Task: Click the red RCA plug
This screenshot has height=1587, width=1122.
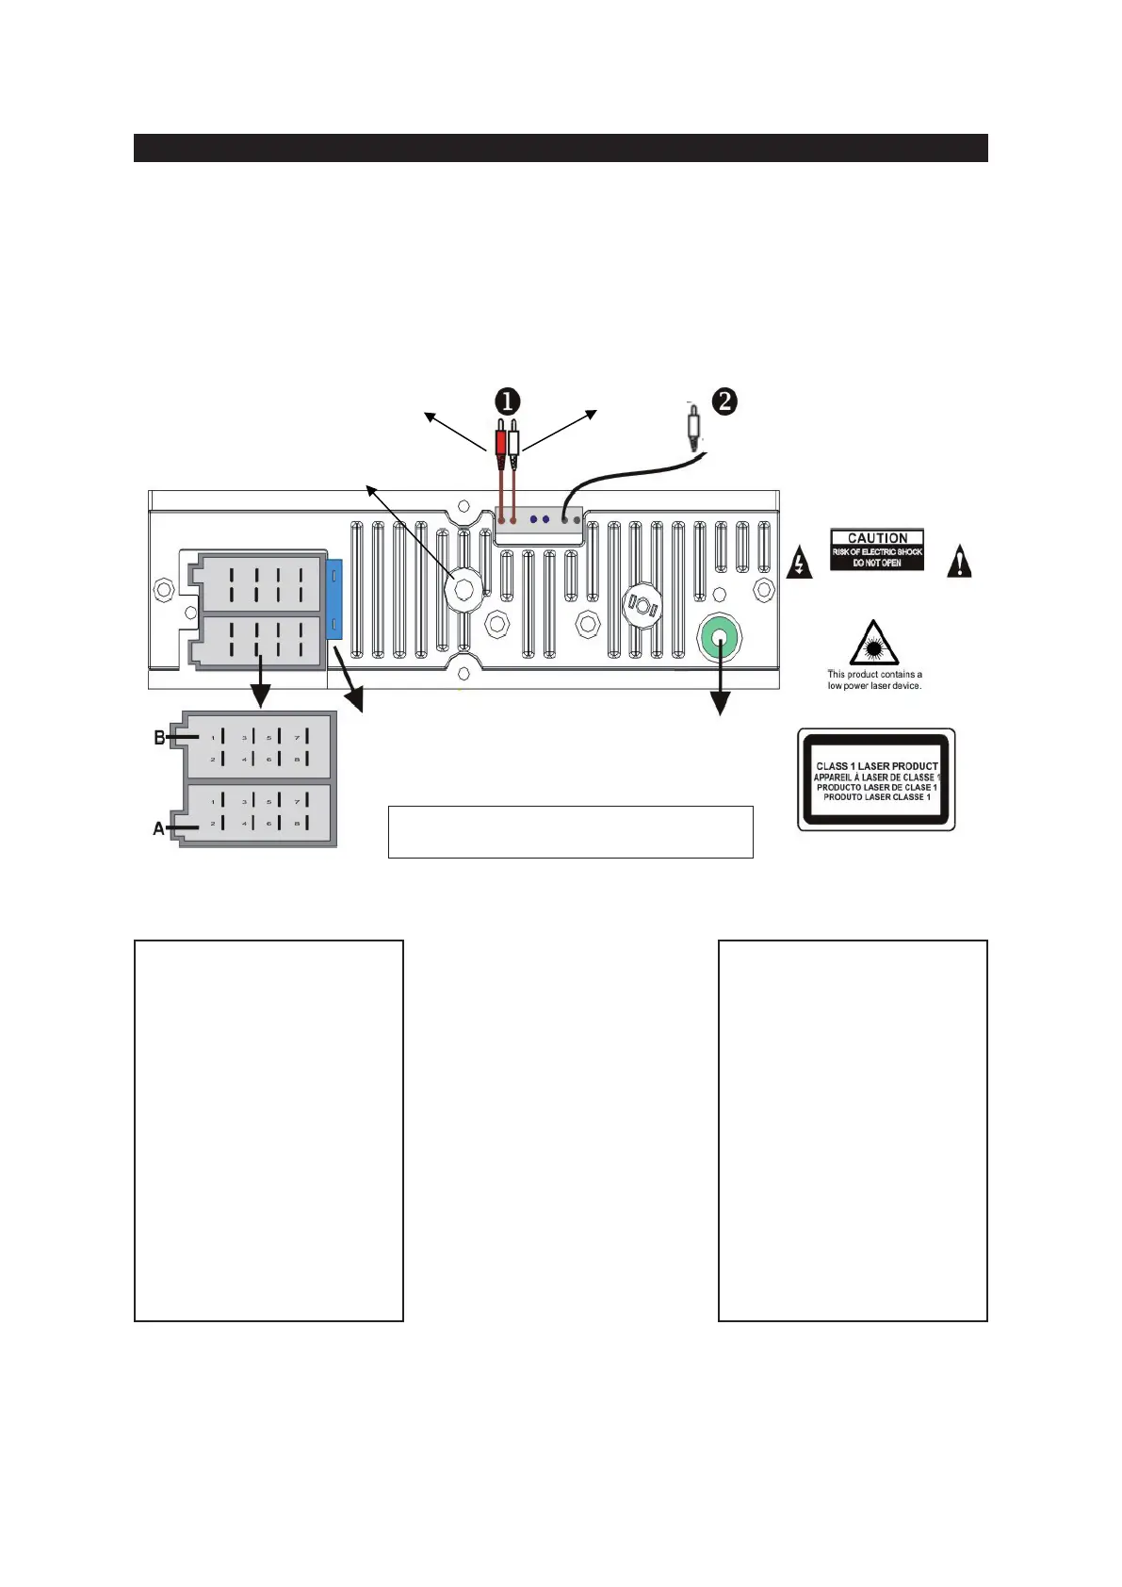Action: [x=500, y=439]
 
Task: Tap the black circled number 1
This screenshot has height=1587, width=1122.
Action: [x=507, y=401]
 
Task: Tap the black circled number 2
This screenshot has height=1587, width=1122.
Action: [x=724, y=401]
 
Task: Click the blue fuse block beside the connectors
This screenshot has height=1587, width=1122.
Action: [x=333, y=599]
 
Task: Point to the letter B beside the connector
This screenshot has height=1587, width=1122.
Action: [x=160, y=738]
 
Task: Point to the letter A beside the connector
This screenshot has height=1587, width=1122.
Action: [x=159, y=829]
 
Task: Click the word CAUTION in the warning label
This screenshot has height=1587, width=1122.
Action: [x=877, y=538]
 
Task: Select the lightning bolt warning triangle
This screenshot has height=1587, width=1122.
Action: [x=799, y=563]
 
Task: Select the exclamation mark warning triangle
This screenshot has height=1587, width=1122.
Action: [x=959, y=562]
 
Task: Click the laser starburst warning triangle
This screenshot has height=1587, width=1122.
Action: [x=873, y=645]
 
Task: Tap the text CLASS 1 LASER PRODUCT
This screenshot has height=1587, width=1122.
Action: [x=877, y=766]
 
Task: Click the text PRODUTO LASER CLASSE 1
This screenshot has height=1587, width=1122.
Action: [x=877, y=797]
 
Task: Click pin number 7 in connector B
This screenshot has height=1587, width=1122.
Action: [x=297, y=737]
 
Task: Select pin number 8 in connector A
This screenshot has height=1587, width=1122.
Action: [x=297, y=824]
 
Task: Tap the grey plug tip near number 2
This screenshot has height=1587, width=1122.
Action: [x=693, y=426]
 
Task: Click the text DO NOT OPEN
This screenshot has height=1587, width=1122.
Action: [x=877, y=563]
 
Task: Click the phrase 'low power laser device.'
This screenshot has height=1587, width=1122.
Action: [x=874, y=686]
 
